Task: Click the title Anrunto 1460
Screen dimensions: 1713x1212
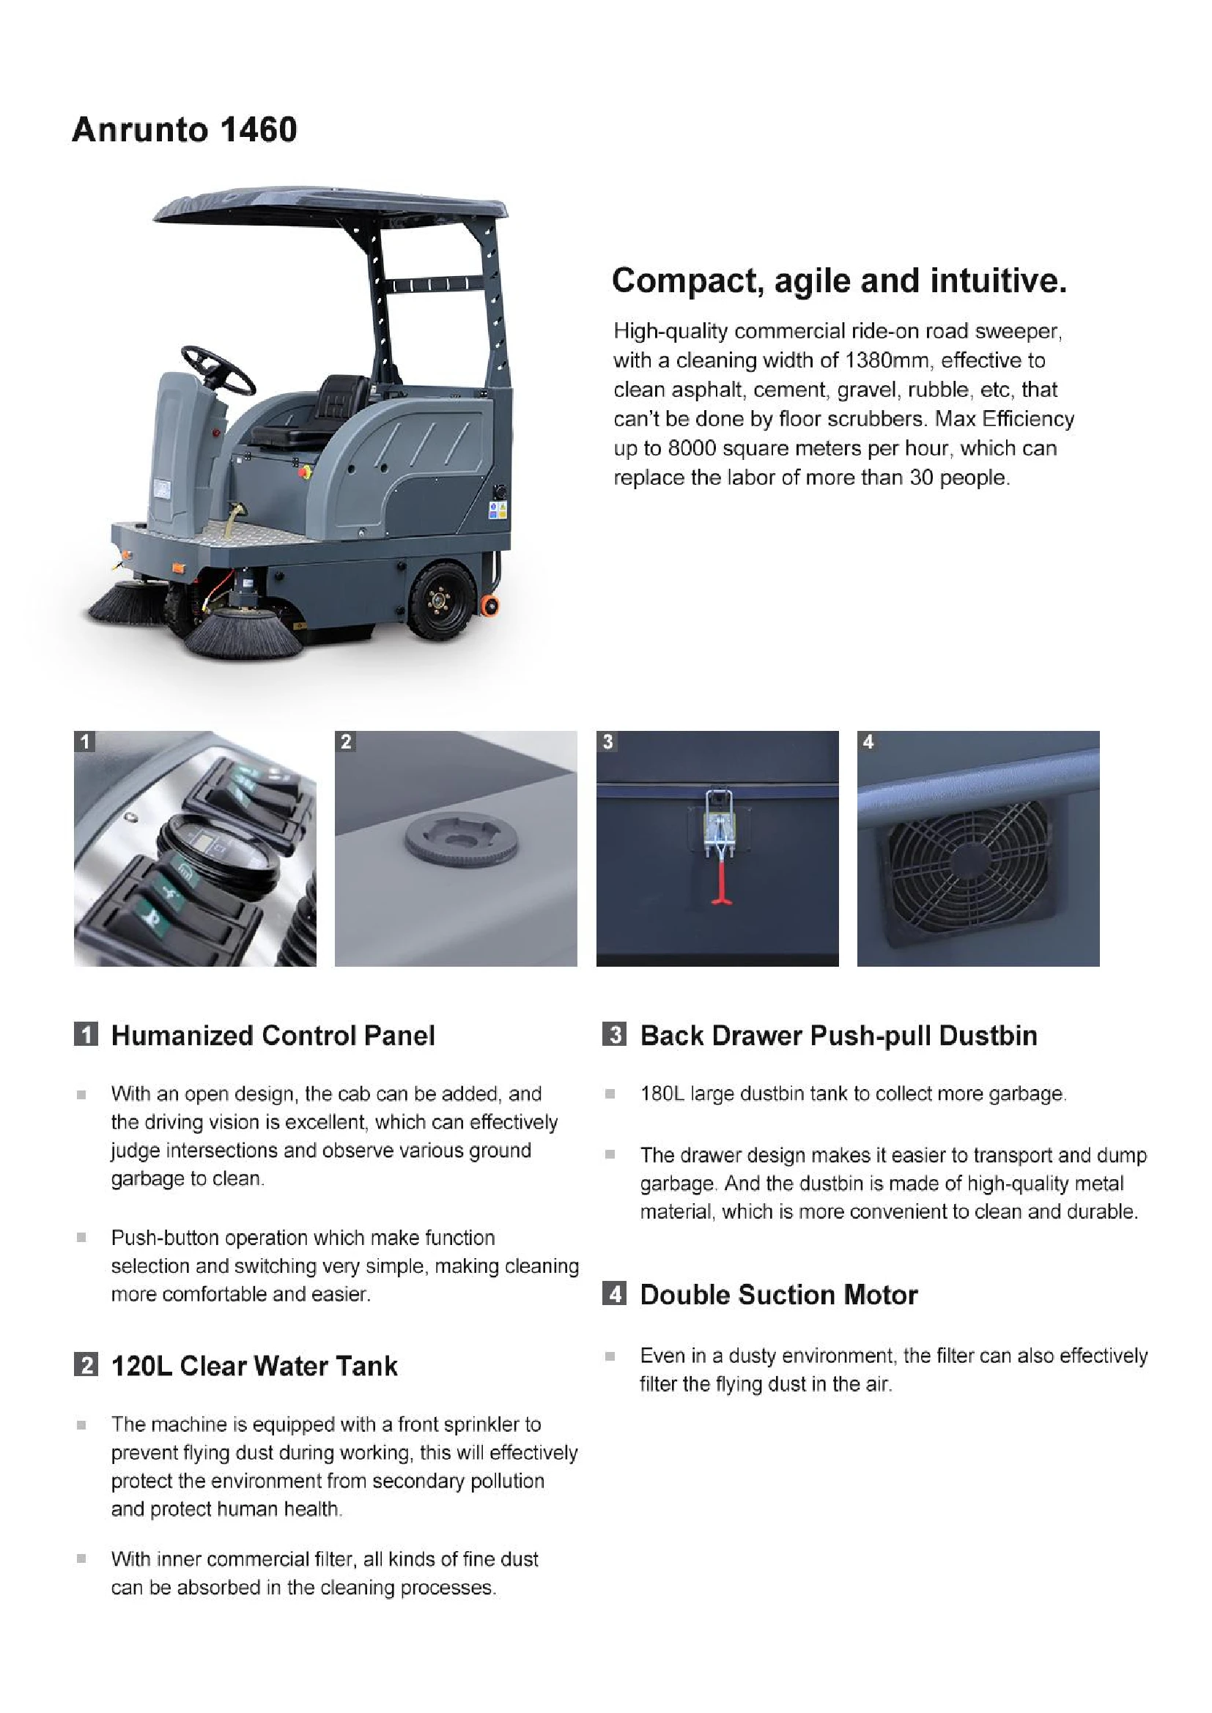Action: point(185,130)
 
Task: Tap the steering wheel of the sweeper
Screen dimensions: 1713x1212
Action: point(218,370)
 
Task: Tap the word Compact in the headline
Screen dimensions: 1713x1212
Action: point(687,281)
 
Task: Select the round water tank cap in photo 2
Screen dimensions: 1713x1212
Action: point(461,841)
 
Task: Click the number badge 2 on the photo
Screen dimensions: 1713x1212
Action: point(346,742)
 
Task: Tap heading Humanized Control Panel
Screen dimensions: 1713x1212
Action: point(273,1036)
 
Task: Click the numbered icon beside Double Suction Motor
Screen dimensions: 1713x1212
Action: point(614,1293)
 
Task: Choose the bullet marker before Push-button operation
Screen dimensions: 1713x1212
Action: point(81,1238)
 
